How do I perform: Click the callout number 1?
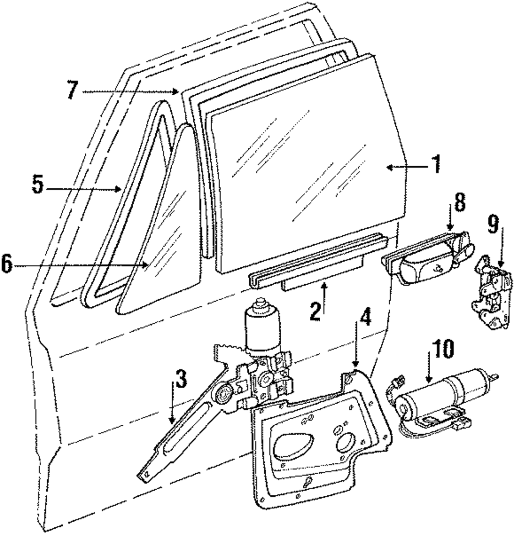pos(436,164)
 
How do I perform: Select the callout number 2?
pos(316,312)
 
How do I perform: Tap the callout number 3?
pos(181,379)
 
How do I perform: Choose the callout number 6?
pos(8,264)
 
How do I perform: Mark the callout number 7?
pos(72,91)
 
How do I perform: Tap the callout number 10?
pos(443,350)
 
